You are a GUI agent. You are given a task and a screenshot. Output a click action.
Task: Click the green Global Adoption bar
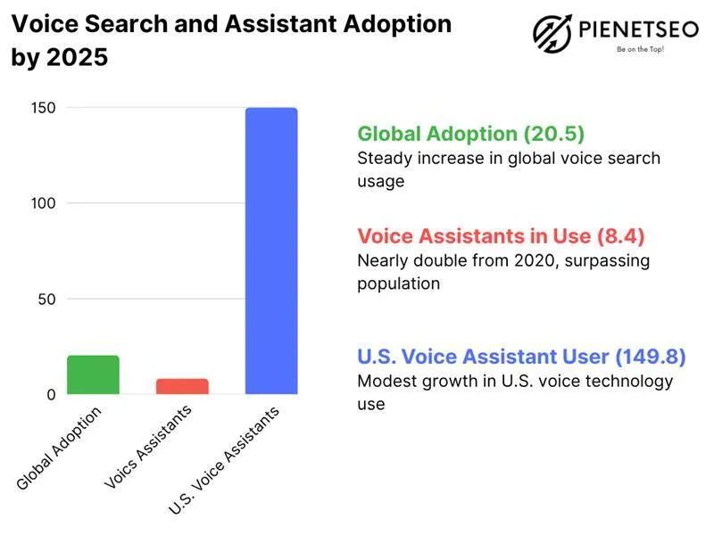pos(93,374)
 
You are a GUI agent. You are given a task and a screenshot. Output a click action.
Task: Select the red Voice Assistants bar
pos(182,386)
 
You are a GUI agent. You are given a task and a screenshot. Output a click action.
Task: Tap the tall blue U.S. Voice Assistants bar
pos(271,251)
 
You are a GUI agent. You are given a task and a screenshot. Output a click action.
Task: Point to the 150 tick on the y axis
pos(44,108)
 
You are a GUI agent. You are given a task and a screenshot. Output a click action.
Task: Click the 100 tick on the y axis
pos(44,203)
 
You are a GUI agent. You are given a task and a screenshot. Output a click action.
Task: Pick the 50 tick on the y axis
pos(47,299)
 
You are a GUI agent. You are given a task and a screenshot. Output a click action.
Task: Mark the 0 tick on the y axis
pos(51,394)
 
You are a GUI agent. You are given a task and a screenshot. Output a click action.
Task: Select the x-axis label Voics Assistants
pos(148,448)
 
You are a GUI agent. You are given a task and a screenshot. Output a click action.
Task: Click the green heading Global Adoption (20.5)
pos(470,134)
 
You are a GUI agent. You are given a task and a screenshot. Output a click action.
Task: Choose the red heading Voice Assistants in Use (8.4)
pos(501,236)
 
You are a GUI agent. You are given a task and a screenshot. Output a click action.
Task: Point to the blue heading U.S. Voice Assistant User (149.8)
pos(521,357)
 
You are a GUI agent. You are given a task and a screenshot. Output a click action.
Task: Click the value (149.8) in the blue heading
pos(651,357)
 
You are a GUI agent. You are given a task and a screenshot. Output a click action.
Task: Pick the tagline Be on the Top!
pos(640,50)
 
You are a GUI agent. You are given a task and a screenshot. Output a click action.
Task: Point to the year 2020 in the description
pos(535,261)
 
